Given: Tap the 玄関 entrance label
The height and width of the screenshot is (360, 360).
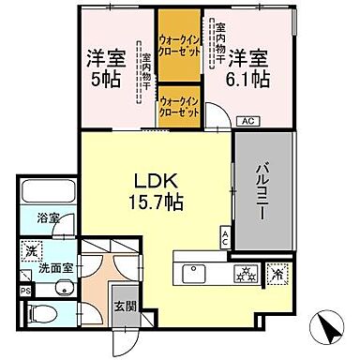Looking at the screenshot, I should (125, 305).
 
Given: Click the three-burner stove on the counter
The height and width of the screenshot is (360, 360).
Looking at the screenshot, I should (248, 274).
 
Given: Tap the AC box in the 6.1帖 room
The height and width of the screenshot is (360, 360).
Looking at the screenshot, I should (247, 121).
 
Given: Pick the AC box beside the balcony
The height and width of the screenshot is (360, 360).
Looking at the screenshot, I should (225, 238).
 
